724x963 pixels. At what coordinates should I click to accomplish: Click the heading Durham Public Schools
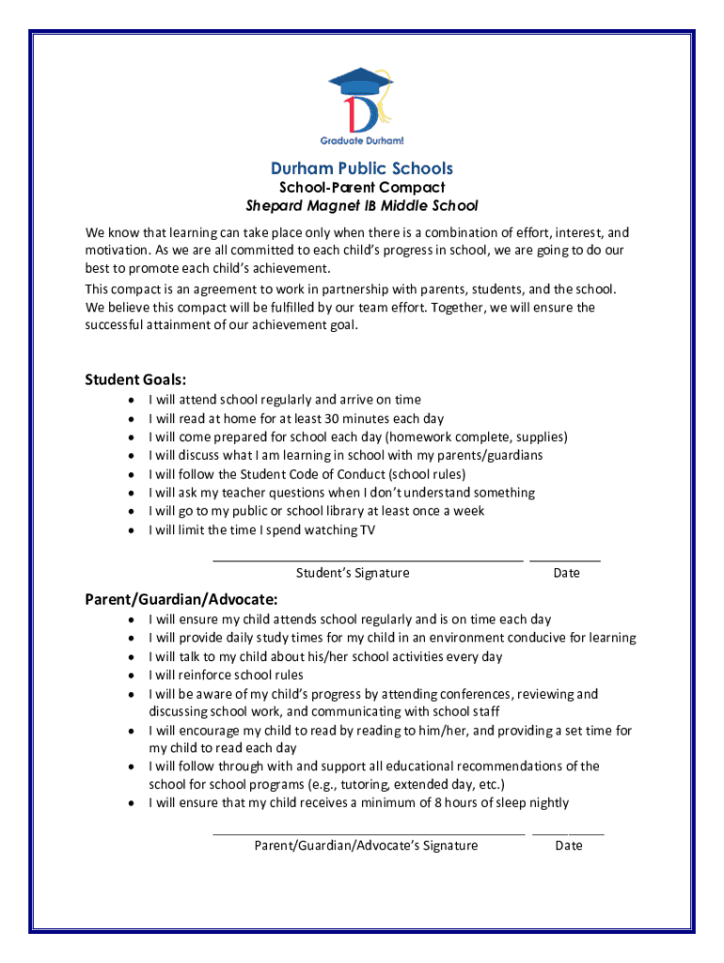362,168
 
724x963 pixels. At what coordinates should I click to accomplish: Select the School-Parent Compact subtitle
362,187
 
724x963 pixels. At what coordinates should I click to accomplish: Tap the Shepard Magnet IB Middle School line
362,205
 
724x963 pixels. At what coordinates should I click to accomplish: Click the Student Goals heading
135,380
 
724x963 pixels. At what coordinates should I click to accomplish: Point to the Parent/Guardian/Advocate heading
181,599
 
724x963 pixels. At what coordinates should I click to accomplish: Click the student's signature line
368,560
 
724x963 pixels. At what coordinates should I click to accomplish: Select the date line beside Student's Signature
565,560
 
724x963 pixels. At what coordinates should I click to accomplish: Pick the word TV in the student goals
369,529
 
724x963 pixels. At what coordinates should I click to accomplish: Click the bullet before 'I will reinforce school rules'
130,675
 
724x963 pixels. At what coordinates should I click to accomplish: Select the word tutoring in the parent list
363,784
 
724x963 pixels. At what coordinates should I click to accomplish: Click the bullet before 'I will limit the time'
130,529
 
